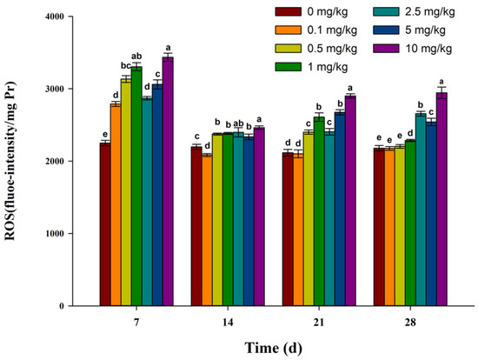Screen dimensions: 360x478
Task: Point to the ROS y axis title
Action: [17, 163]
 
